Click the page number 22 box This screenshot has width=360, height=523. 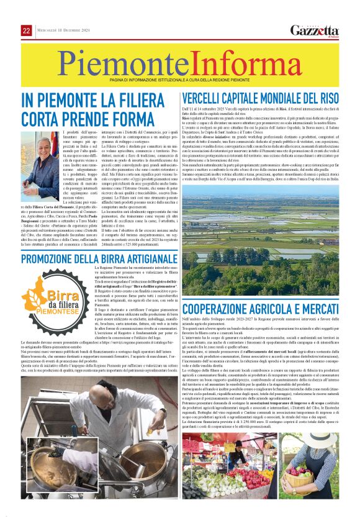[x=27, y=31]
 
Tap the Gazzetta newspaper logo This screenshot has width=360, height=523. [x=315, y=30]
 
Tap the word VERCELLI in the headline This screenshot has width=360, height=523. [x=210, y=98]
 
